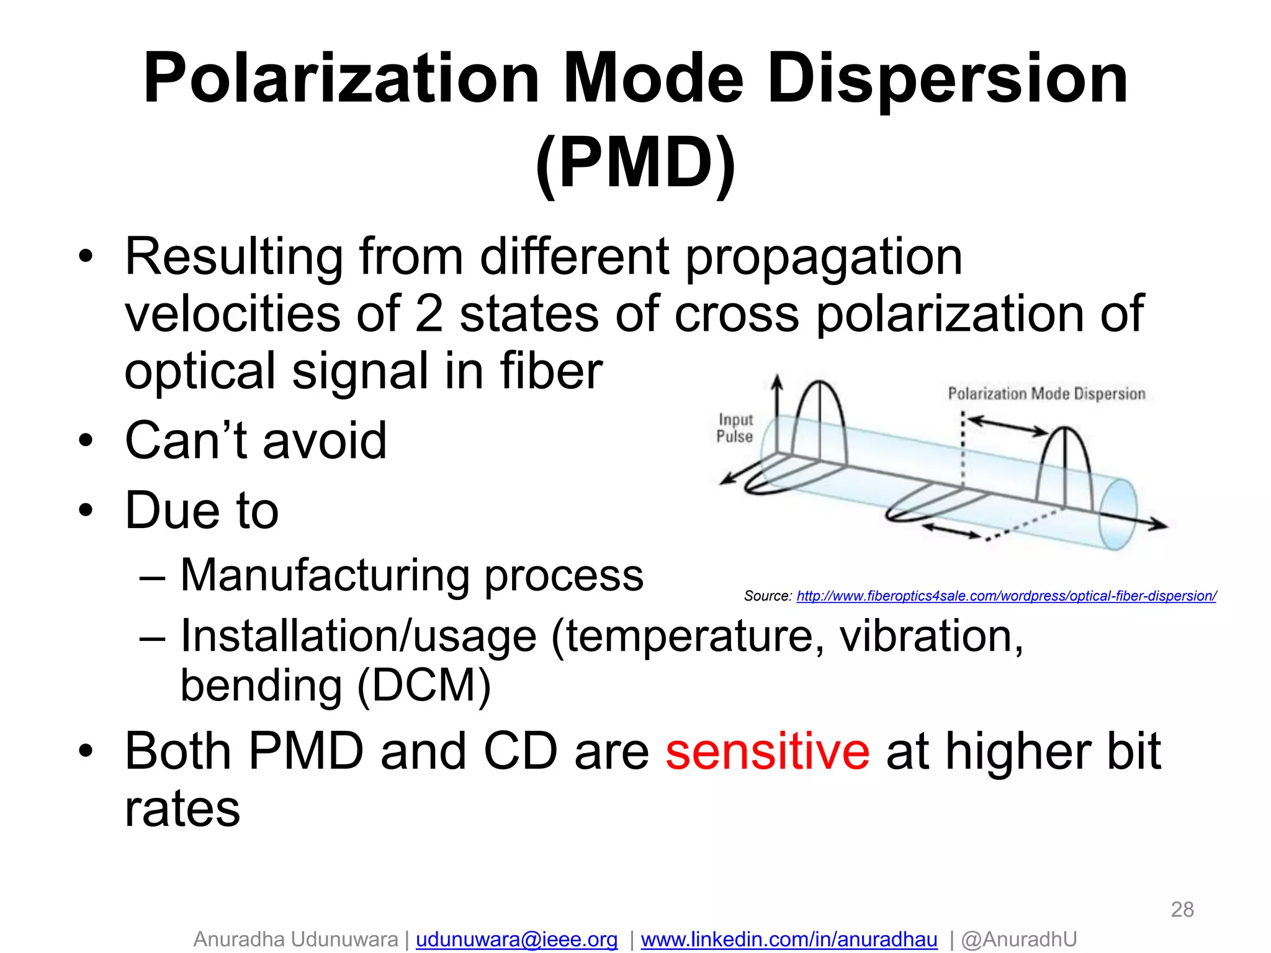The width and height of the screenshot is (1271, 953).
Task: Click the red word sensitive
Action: click(767, 752)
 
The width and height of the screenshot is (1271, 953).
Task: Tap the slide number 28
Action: click(1182, 910)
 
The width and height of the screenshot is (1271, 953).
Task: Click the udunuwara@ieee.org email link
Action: click(516, 939)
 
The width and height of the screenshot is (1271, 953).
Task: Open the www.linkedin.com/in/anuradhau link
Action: click(789, 939)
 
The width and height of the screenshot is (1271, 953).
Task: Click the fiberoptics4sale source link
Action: click(1006, 596)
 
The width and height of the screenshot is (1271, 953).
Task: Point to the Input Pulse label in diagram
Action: click(735, 428)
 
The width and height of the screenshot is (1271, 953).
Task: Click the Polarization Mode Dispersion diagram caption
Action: click(1046, 394)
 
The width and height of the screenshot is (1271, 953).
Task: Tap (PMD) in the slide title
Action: click(635, 163)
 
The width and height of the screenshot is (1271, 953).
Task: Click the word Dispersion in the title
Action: click(947, 79)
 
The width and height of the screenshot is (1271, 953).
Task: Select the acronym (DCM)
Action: click(423, 686)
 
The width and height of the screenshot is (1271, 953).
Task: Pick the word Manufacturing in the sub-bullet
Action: click(325, 575)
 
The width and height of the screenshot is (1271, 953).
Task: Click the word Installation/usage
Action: click(358, 637)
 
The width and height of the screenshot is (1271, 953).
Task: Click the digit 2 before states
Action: click(429, 314)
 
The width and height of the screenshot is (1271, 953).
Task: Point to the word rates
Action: click(182, 809)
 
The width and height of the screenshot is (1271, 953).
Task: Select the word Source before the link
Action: click(766, 596)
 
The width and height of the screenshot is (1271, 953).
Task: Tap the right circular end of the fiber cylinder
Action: click(1118, 514)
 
